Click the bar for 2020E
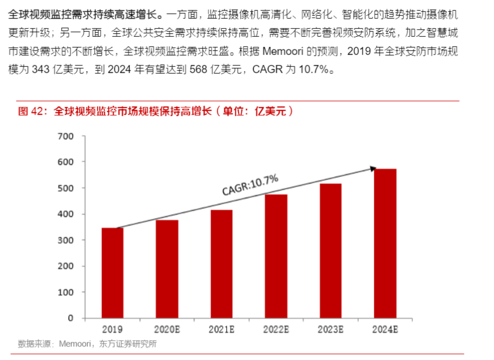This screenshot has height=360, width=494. pos(167,268)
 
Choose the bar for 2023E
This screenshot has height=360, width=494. pos(330,250)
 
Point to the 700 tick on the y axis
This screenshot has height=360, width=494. pos(66,136)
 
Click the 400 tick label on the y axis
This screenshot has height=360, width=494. pos(66,214)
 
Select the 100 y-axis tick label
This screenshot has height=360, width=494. pos(66,292)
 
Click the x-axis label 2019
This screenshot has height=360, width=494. pos(112,329)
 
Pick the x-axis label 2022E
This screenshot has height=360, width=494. pos(276,329)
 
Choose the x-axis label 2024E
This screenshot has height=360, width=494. pos(385,329)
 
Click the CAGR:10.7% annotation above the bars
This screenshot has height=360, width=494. pos(250,185)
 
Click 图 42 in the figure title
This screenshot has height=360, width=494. pos(31,111)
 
